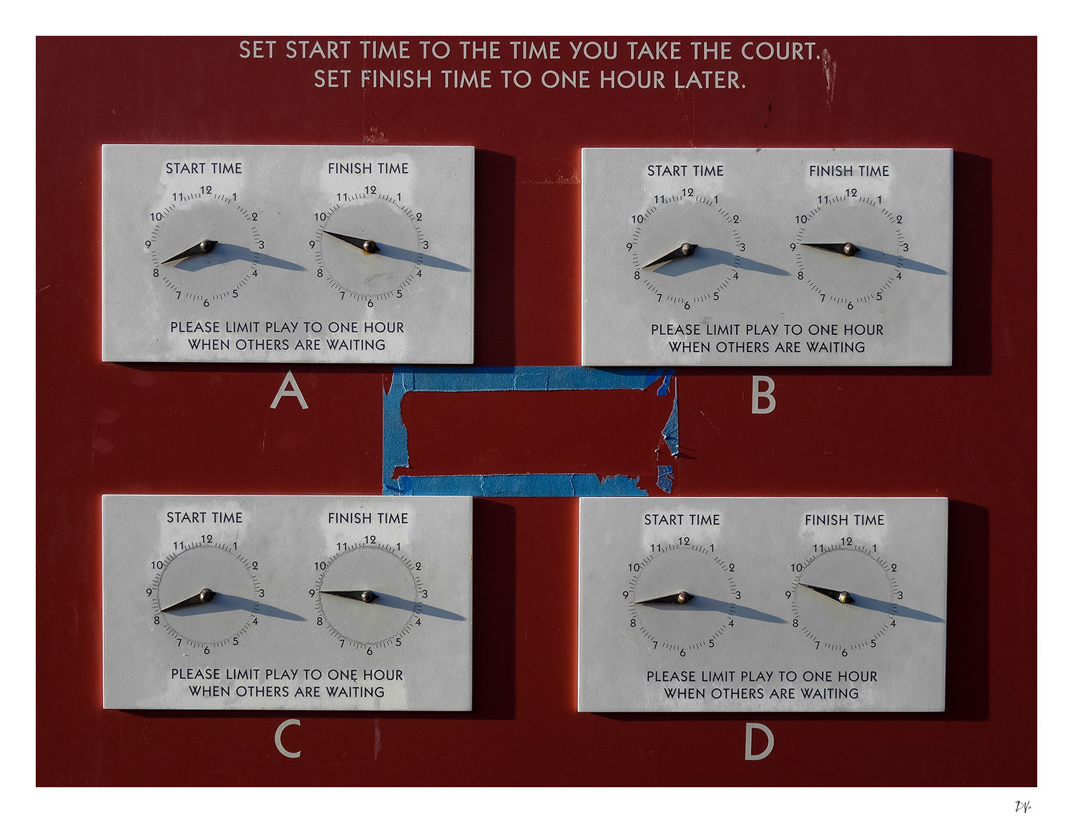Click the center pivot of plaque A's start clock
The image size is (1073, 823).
(208, 245)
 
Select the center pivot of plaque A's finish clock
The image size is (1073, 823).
(369, 245)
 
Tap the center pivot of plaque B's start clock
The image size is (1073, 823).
(687, 248)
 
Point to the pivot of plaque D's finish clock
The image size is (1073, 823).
(844, 598)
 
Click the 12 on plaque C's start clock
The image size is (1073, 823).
(207, 539)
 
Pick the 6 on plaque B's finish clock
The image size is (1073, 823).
(850, 306)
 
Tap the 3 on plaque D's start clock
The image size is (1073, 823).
(738, 595)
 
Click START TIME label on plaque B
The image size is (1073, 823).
(685, 171)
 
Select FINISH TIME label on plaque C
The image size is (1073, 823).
(368, 518)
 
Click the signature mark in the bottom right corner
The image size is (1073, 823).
(1023, 807)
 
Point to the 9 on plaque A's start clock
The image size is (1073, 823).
(147, 244)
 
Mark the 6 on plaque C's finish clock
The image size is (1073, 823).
(369, 651)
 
